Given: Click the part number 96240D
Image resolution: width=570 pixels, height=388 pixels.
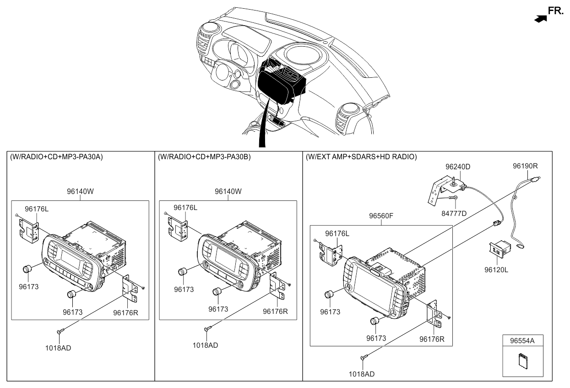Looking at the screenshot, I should point(458,167).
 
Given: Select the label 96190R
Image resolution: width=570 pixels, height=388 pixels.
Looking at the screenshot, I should point(525,167).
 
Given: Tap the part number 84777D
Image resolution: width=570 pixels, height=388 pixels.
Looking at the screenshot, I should point(454,213).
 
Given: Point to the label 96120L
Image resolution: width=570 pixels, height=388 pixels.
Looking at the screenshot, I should point(496,270).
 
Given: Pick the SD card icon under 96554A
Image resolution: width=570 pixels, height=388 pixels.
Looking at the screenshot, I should point(523,361).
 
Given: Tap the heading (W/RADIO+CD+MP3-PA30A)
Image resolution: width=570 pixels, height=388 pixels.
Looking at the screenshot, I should point(56,157).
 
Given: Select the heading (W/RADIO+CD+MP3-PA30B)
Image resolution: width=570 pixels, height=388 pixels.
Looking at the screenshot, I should point(204,157).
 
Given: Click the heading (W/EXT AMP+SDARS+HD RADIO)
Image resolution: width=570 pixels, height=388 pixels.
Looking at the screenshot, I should point(361,157).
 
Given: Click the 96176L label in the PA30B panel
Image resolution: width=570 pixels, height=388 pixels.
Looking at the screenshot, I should point(185,208).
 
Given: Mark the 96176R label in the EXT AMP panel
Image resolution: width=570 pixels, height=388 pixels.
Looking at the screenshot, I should point(432,339).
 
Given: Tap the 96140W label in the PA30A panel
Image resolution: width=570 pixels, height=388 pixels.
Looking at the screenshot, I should point(81,192).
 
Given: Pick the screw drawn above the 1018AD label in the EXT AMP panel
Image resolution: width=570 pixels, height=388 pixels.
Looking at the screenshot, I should point(364,357).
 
